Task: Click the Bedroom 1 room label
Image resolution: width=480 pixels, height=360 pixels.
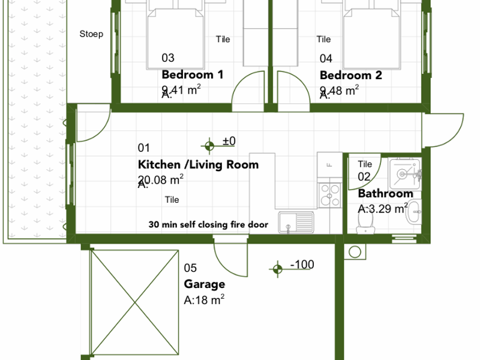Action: [192, 75]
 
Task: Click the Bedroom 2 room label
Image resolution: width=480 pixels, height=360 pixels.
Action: [350, 76]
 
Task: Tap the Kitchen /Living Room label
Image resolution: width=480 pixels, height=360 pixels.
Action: [198, 164]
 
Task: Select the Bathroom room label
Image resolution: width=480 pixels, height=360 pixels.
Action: [385, 193]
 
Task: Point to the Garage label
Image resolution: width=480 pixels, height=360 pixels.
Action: [204, 284]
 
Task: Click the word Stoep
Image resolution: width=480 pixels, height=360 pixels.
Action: [91, 34]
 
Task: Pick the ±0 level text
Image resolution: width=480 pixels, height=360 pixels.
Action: [229, 141]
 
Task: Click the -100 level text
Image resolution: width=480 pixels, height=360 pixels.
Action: [302, 265]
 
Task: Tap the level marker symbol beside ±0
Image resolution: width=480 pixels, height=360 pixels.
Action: [209, 145]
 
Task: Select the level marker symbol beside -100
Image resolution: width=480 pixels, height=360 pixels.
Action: [277, 270]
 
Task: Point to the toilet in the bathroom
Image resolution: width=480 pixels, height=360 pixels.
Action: [363, 222]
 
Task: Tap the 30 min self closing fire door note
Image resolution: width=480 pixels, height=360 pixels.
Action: [208, 225]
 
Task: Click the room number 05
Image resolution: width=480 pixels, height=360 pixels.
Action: [190, 268]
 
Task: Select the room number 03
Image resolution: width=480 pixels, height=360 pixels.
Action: [168, 58]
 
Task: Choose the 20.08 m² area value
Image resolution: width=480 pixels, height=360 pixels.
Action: [161, 179]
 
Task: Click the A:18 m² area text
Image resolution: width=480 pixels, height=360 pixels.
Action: [204, 300]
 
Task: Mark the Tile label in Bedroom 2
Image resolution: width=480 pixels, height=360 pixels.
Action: [324, 40]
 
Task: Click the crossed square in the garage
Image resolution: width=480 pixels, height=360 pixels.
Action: [134, 303]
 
